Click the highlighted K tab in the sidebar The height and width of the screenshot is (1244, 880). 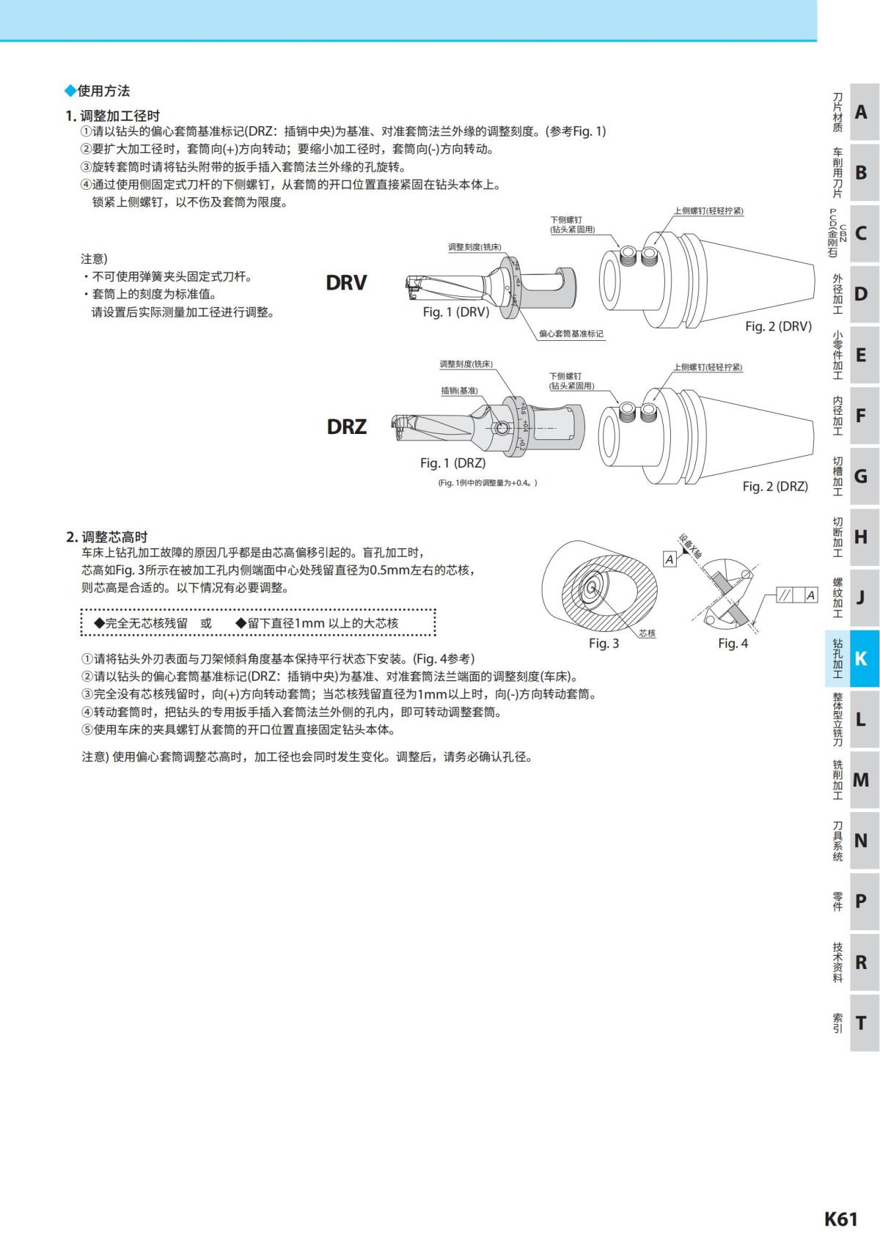tap(860, 658)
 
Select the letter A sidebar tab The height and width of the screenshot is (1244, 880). tap(860, 112)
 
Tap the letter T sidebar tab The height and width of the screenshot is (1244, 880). tap(860, 1022)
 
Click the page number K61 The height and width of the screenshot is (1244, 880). tap(840, 1218)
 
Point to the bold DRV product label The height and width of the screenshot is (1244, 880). tap(346, 283)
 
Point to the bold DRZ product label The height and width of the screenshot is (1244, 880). tap(346, 427)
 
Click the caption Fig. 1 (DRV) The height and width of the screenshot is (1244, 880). tap(455, 312)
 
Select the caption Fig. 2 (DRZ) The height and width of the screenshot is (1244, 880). tap(775, 486)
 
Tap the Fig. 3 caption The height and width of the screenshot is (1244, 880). tap(604, 643)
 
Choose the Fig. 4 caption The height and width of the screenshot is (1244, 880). tap(733, 643)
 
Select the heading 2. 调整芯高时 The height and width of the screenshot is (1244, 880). tap(107, 537)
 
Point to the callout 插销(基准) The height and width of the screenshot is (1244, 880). tap(459, 391)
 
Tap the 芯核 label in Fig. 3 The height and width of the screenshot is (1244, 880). tap(647, 633)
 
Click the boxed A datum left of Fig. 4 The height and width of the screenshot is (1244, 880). tap(670, 559)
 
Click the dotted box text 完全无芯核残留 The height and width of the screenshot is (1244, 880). tap(141, 623)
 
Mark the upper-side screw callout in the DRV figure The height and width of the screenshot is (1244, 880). tap(708, 211)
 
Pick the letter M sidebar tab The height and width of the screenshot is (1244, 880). tap(860, 779)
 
